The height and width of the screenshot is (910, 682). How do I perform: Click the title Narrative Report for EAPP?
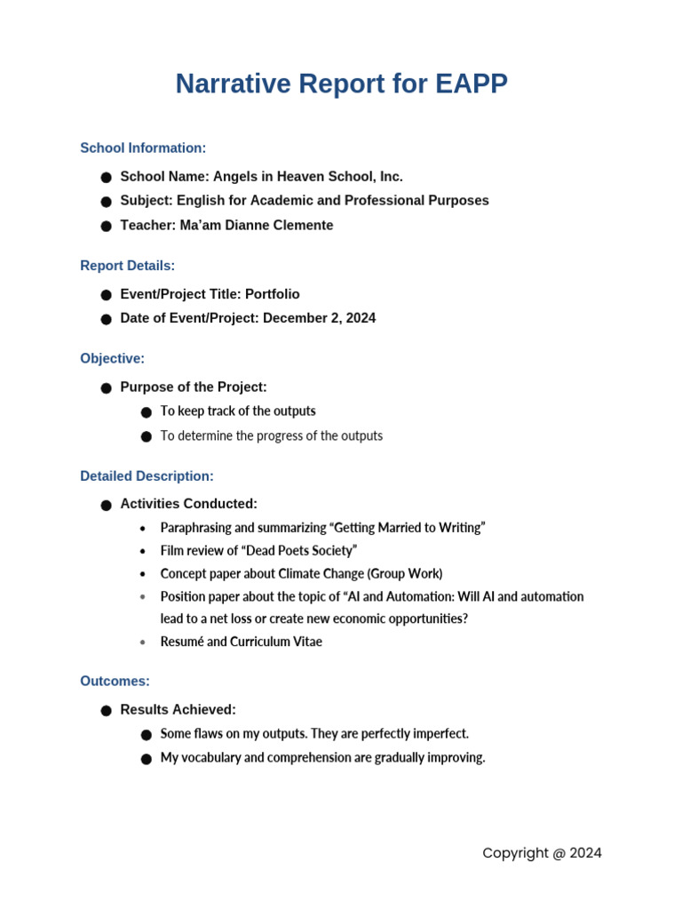[341, 84]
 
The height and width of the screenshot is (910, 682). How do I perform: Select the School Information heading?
[143, 148]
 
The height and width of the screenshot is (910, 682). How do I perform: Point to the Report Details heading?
[127, 266]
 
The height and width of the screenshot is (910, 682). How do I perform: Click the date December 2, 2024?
[319, 318]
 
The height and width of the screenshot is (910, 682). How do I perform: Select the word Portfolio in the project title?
[272, 294]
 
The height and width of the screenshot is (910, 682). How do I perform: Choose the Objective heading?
[112, 359]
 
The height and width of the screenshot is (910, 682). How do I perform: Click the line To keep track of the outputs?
[238, 411]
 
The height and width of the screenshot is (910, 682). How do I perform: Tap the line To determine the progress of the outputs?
[271, 436]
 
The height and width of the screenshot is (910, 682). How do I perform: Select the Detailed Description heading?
[147, 476]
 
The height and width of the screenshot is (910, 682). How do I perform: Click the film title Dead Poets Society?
[301, 551]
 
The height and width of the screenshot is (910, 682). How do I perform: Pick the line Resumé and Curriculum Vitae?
[241, 642]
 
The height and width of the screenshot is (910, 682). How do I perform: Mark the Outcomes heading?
[115, 682]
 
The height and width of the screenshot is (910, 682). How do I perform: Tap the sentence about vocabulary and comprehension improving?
[322, 758]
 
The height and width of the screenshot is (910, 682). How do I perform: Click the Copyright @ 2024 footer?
[542, 853]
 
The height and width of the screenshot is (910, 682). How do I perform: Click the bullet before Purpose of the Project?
[106, 388]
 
